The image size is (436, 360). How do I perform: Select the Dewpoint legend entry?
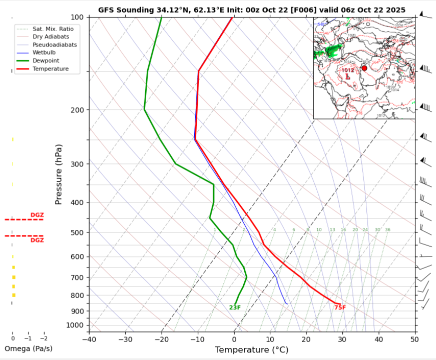pos(46,60)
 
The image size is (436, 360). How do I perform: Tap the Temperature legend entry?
pos(50,68)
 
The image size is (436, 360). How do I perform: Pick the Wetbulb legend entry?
pos(44,52)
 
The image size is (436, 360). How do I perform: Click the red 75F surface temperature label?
pos(340,307)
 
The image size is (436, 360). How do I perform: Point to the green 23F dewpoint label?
pos(235,307)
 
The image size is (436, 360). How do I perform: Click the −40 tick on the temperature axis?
pos(89,339)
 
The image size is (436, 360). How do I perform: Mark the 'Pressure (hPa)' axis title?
pos(59,174)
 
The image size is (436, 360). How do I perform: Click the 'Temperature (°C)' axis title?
pos(252,350)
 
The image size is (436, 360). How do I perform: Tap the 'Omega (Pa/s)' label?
pos(28,348)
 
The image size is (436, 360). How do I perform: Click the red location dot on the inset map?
pos(364,68)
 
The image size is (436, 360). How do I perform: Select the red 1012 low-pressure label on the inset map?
pos(348,70)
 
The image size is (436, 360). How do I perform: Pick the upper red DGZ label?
pos(37,215)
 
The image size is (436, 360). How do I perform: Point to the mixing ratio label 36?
pos(387,230)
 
